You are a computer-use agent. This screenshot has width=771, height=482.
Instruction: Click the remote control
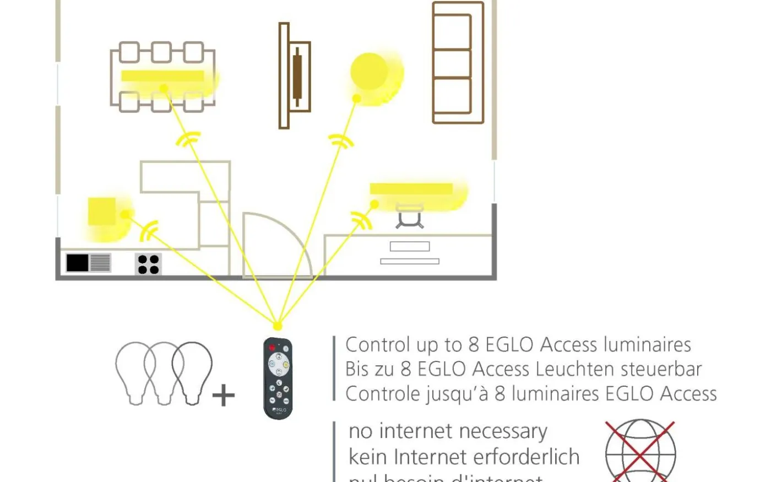(278, 378)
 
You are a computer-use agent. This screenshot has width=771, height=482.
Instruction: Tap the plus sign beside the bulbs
(224, 396)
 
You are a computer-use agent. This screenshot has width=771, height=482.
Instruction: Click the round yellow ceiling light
(370, 71)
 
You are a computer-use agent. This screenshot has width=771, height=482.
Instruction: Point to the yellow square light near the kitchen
(102, 212)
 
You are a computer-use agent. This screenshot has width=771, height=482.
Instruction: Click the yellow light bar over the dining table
(162, 76)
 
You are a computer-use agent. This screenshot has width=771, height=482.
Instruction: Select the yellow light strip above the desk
(411, 189)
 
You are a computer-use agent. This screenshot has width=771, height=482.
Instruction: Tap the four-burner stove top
(148, 264)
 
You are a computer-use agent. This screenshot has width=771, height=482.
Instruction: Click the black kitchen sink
(78, 263)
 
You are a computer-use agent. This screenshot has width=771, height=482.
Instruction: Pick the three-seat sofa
(458, 63)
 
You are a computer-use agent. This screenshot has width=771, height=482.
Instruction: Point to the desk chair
(410, 216)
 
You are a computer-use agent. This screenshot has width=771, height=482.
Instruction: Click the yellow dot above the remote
(278, 326)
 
